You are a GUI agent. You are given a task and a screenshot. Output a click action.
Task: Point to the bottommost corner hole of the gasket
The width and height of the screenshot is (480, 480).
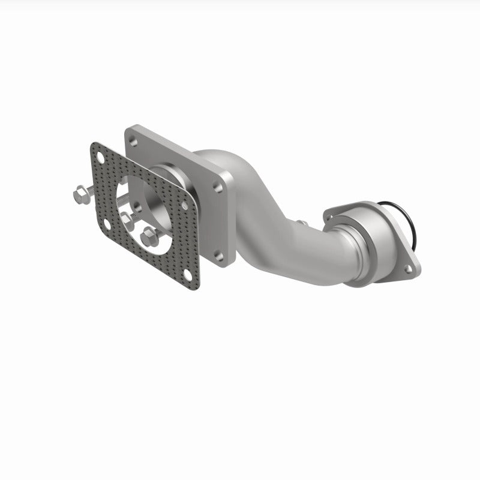pyautogui.click(x=189, y=276)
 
